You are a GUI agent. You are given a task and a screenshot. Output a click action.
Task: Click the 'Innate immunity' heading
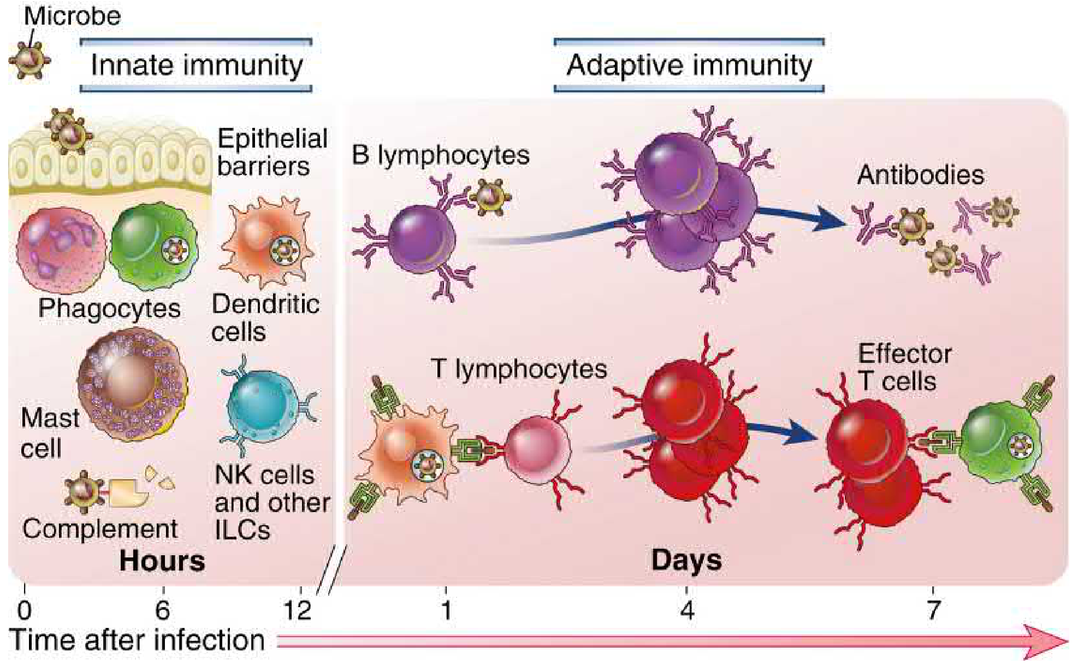click(x=196, y=65)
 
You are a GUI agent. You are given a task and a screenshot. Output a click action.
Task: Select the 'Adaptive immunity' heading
click(x=689, y=65)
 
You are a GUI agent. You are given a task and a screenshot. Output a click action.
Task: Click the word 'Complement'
click(x=100, y=529)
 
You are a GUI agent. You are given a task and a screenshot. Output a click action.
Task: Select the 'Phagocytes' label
click(x=109, y=308)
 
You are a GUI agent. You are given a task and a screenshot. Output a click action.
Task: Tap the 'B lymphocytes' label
click(x=440, y=155)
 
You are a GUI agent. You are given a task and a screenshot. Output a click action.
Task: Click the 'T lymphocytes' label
click(x=519, y=369)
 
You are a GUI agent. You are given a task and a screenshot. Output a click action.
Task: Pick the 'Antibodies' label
click(x=920, y=175)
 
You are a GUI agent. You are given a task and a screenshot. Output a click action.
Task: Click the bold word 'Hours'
click(x=162, y=561)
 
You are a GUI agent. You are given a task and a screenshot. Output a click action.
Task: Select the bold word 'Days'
click(x=686, y=561)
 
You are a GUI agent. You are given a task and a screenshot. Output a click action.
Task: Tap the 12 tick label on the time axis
click(x=298, y=610)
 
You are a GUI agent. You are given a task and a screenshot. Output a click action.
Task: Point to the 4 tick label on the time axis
click(x=687, y=610)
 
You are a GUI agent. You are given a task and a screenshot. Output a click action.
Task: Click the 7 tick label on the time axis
click(x=933, y=610)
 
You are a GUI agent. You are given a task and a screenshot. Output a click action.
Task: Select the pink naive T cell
click(x=537, y=450)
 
